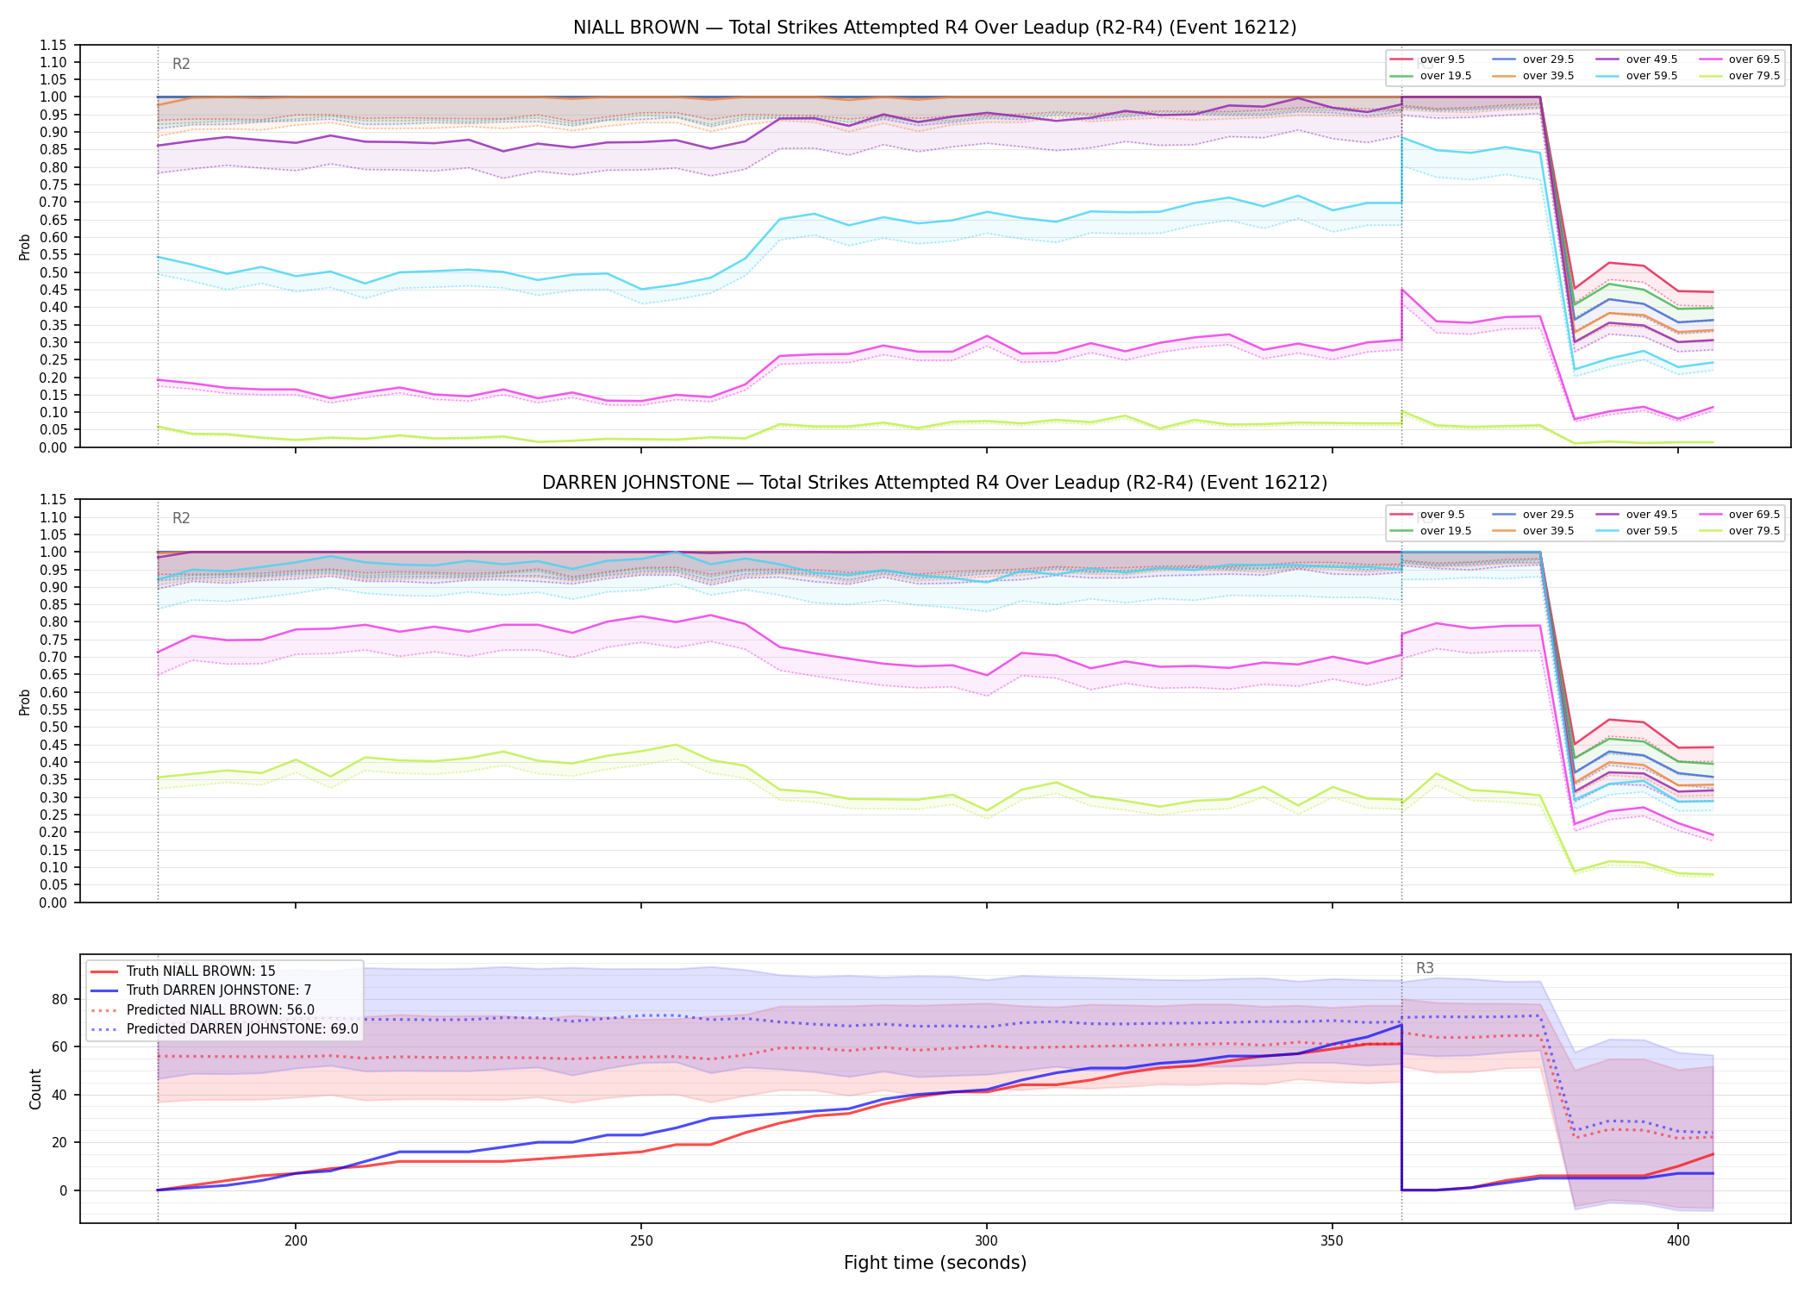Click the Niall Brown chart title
pos(934,28)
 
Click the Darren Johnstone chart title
pos(934,483)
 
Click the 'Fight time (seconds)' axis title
pos(934,1263)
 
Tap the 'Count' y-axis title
pos(35,1089)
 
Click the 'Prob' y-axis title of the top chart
pos(25,247)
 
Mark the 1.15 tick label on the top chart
pos(53,45)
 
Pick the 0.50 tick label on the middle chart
pos(53,727)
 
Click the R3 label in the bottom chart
pos(1425,968)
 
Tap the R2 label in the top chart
pos(181,64)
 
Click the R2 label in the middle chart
pos(181,518)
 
